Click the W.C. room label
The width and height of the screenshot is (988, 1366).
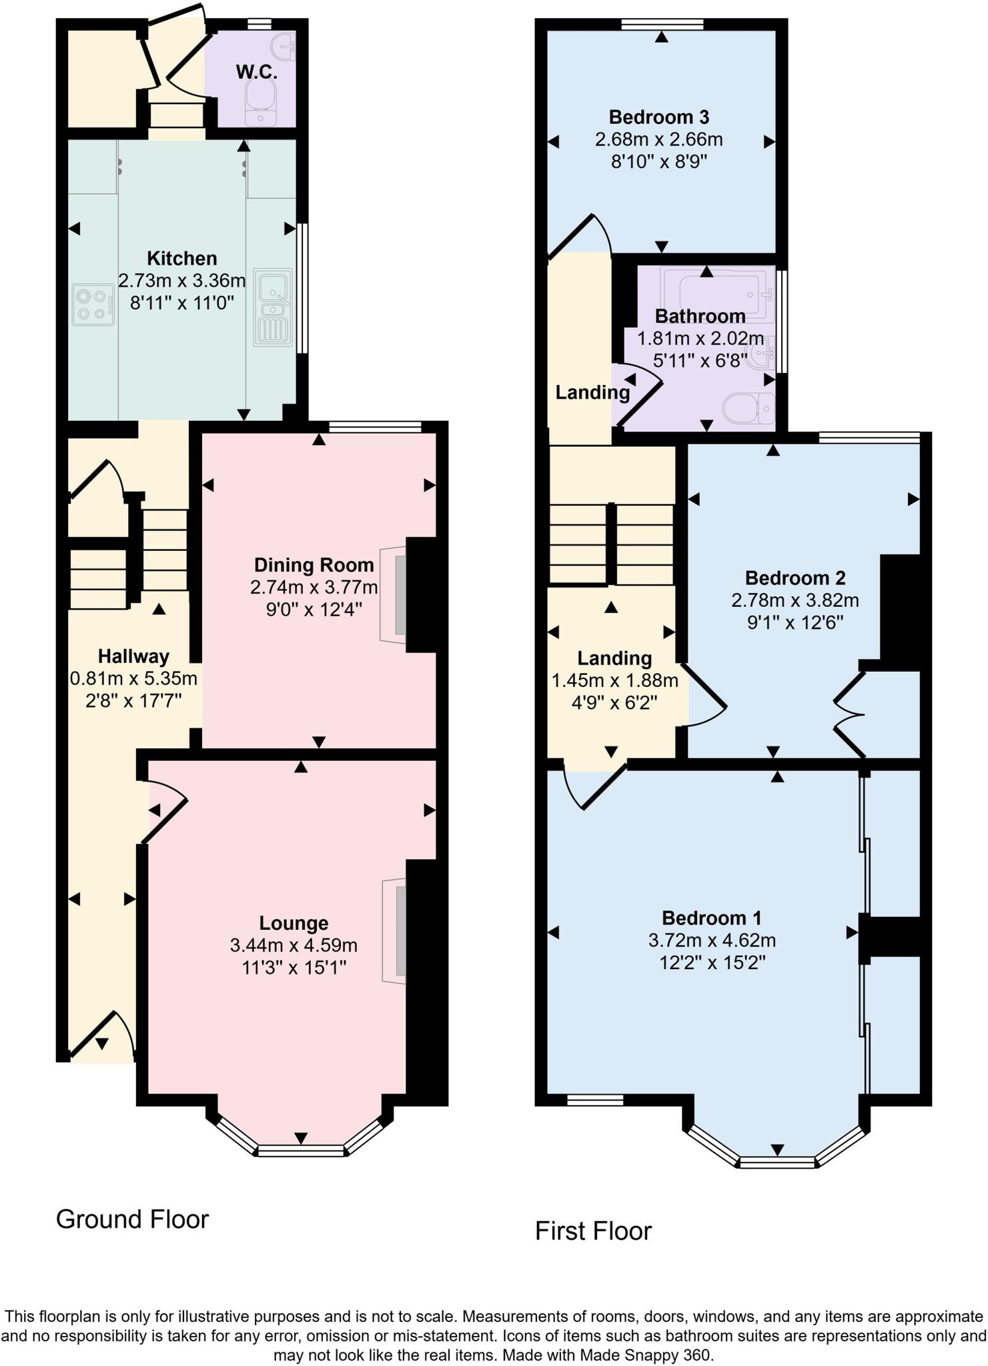click(x=256, y=72)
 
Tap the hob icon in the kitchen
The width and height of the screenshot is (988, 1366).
click(x=92, y=305)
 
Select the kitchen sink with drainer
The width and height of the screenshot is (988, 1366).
click(x=273, y=307)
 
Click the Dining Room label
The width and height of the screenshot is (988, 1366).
click(x=314, y=565)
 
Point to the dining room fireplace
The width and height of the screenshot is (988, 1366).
click(x=394, y=595)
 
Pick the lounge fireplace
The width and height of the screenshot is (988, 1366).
click(x=395, y=930)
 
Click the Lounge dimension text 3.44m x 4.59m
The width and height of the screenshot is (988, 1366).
click(x=294, y=945)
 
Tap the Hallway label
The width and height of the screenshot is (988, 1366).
click(x=133, y=656)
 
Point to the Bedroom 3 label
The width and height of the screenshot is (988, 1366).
click(x=658, y=117)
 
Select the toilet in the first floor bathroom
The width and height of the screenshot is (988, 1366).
click(x=749, y=408)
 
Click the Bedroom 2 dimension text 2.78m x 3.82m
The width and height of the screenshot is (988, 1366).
click(x=795, y=600)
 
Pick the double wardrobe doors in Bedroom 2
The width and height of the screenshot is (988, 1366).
click(x=849, y=715)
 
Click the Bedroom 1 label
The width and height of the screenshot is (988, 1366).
click(x=711, y=918)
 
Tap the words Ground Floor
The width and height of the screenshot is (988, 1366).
click(x=132, y=1219)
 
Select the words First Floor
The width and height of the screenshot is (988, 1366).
click(x=593, y=1231)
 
